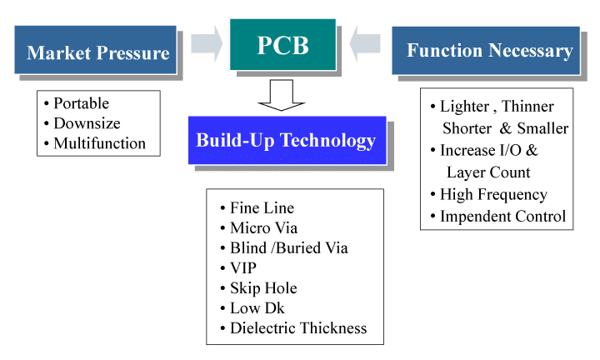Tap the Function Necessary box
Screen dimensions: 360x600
tap(488, 51)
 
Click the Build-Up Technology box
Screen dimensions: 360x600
tap(286, 140)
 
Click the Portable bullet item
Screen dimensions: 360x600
tap(81, 104)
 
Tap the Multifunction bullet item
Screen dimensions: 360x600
tap(99, 143)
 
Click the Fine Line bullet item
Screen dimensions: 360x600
tap(262, 208)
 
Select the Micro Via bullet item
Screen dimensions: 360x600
tap(263, 227)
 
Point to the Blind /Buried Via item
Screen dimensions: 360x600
tap(288, 247)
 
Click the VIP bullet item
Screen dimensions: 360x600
tap(243, 267)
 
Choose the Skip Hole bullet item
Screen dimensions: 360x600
tap(262, 287)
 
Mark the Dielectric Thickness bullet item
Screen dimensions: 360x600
tap(297, 327)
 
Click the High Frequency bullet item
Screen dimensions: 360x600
tap(493, 195)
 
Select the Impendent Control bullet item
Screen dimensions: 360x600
tap(502, 217)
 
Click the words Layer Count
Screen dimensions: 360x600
tap(488, 172)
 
